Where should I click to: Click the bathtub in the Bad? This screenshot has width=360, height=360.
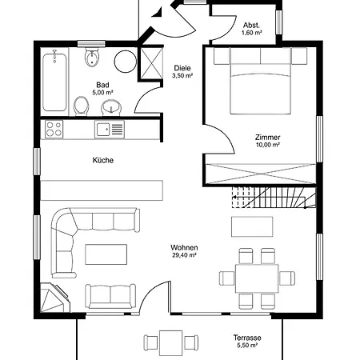click(54, 82)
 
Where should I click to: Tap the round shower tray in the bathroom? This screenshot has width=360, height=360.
click(126, 62)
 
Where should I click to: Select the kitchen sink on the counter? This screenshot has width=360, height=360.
click(110, 130)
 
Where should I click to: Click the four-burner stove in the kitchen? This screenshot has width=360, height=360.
click(54, 129)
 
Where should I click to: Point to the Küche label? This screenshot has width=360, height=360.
click(103, 160)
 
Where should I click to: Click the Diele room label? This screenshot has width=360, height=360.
click(182, 68)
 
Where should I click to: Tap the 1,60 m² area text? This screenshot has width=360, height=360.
click(251, 33)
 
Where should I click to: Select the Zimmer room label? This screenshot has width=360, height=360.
click(267, 138)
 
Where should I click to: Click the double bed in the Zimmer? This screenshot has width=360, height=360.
click(260, 81)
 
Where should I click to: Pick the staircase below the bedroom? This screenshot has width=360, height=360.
click(274, 198)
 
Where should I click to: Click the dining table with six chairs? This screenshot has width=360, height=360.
click(257, 278)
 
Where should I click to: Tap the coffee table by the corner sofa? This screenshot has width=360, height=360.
click(106, 254)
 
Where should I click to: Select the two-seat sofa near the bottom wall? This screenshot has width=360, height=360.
click(110, 296)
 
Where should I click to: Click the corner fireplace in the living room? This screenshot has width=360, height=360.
click(54, 298)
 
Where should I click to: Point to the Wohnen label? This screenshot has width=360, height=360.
click(184, 247)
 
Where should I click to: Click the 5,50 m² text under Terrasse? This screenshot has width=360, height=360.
click(247, 346)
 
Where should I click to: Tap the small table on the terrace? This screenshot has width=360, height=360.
click(171, 343)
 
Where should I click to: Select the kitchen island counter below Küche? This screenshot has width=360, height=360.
click(102, 190)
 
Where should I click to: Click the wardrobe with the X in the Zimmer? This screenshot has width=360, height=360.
click(261, 174)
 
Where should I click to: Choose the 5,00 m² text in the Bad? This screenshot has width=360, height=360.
click(102, 93)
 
